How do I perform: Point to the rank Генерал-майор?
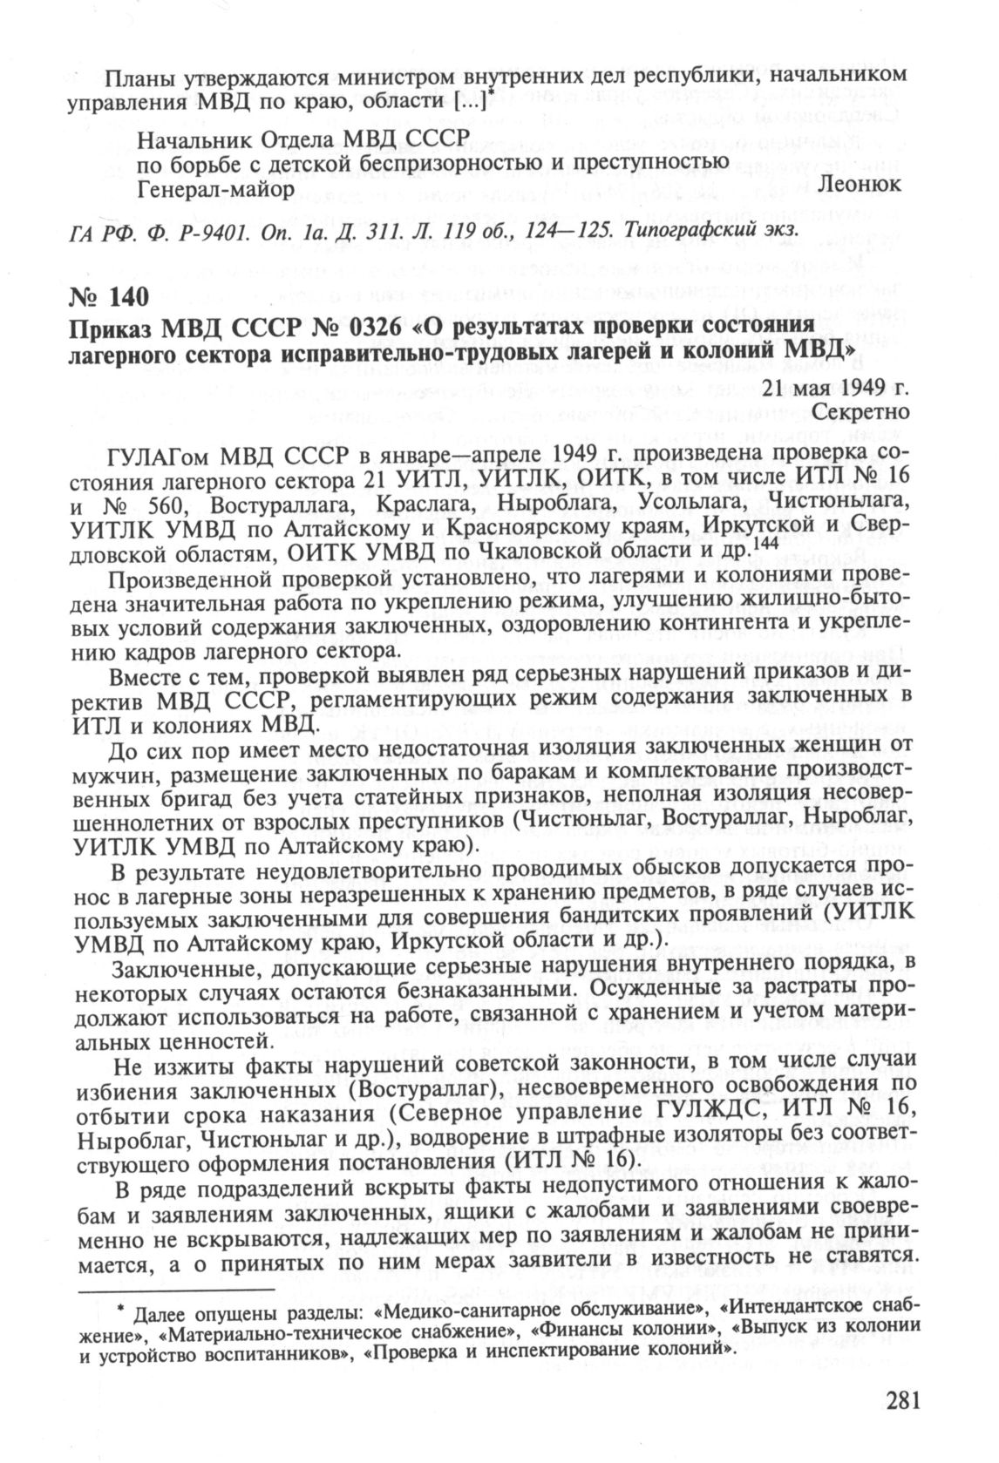tap(216, 186)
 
